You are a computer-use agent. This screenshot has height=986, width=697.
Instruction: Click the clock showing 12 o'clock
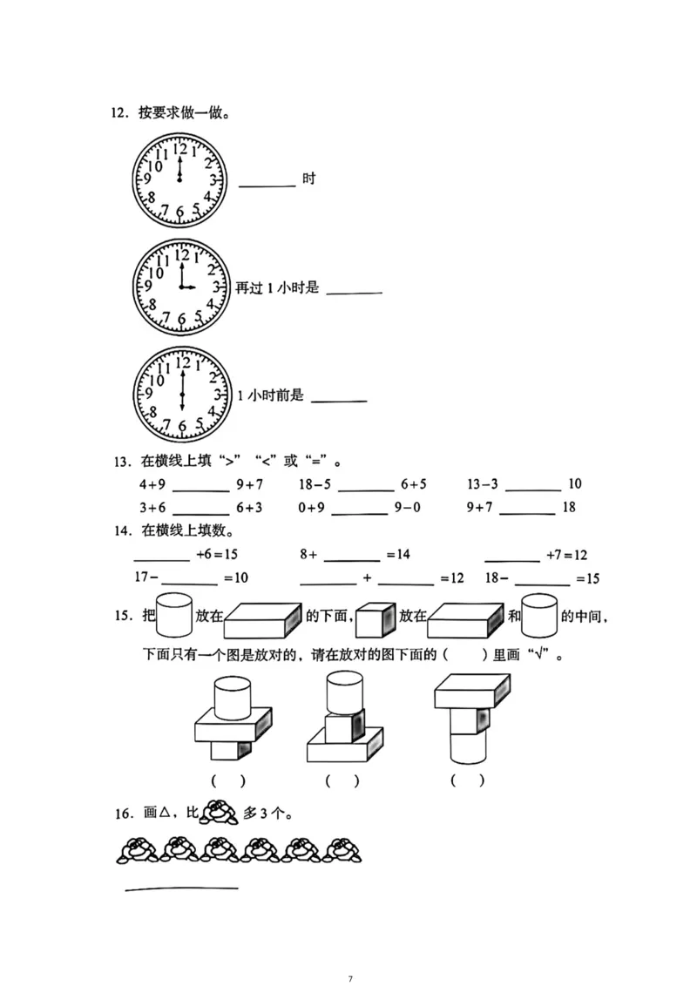179,180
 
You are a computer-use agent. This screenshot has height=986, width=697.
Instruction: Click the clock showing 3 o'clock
182,287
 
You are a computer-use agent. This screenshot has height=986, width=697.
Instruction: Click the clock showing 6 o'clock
182,395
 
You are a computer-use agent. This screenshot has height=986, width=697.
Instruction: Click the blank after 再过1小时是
354,293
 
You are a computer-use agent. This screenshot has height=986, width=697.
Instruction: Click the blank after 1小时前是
339,402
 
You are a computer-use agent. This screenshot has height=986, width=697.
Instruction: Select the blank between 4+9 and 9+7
201,491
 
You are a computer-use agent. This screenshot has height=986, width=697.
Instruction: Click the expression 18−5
315,484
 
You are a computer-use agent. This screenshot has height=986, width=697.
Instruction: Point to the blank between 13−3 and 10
533,490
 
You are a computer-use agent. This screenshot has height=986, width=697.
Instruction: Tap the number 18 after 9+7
569,507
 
